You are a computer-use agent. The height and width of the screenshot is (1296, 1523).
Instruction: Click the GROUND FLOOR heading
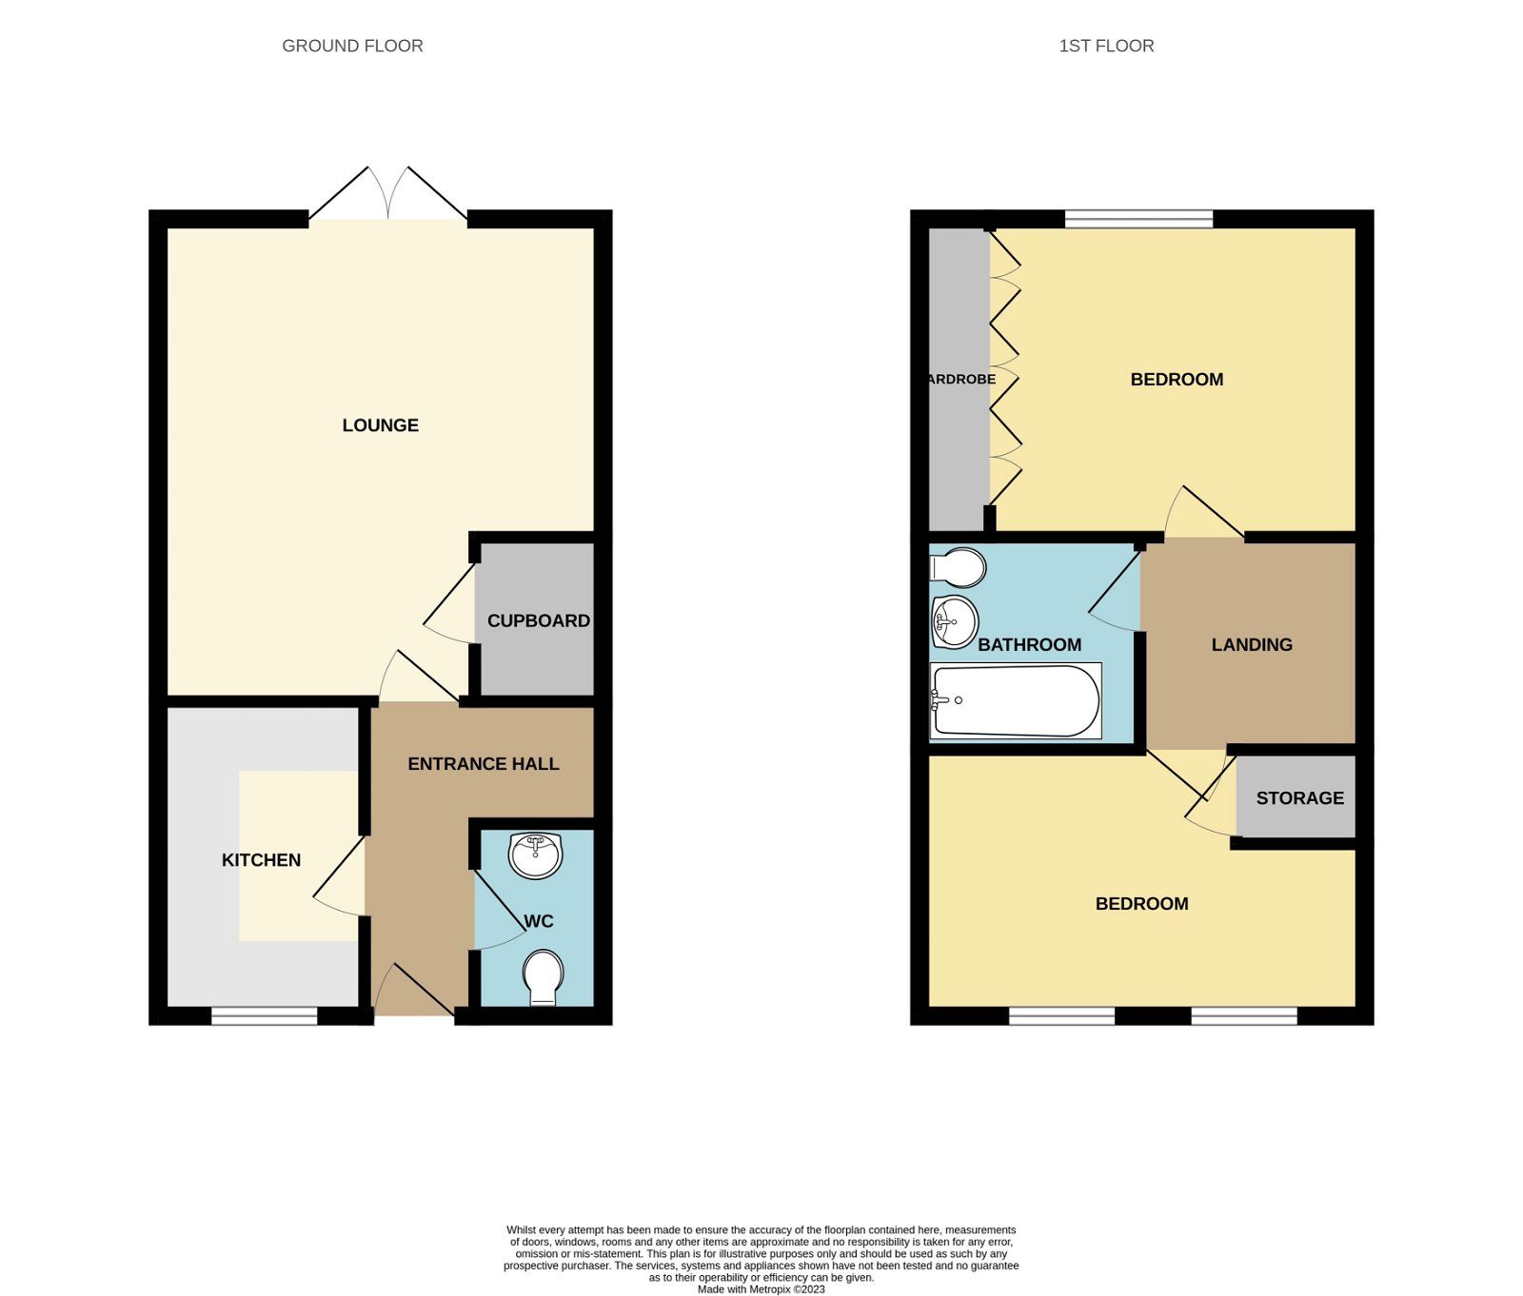(352, 46)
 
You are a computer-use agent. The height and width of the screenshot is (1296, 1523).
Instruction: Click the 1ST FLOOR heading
(1106, 46)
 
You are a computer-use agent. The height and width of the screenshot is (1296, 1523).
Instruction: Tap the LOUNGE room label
(380, 425)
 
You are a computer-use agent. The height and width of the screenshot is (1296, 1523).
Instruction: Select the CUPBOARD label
(538, 620)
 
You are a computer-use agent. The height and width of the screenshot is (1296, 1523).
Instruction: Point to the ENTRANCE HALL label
(483, 764)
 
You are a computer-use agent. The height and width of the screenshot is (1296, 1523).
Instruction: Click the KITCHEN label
(261, 860)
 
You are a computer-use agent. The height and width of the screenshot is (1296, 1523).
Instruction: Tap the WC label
(539, 921)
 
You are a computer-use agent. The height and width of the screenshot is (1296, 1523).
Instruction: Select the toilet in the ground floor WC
(543, 976)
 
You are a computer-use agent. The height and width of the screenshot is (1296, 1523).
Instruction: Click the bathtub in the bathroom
(1016, 701)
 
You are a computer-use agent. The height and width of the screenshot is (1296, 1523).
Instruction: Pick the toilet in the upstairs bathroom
(958, 568)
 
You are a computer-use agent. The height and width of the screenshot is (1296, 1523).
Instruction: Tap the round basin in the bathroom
(954, 622)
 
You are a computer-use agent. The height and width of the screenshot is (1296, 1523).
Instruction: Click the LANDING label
(1252, 645)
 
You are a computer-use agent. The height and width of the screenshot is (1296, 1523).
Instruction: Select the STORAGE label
(1299, 798)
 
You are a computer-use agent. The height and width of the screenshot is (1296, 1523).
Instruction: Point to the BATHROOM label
(1029, 645)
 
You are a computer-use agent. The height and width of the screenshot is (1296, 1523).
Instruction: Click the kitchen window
(264, 1016)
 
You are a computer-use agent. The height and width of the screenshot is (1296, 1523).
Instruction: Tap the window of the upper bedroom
(1138, 220)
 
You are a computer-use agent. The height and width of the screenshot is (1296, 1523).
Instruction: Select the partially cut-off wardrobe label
(961, 379)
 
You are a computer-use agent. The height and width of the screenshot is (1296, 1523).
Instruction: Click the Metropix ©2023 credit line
(761, 1289)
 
